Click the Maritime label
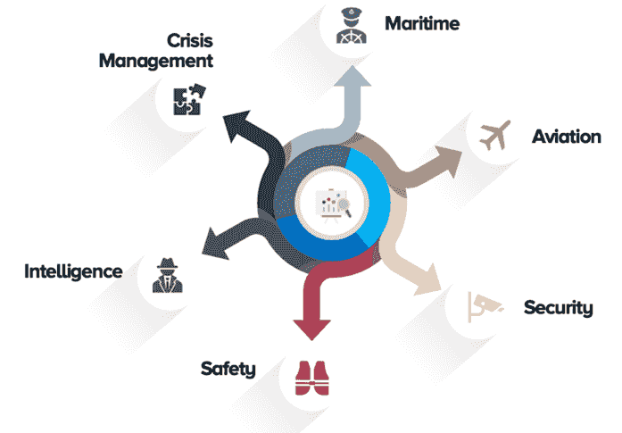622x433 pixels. [422, 22]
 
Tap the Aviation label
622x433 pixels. [566, 137]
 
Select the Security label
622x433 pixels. [558, 308]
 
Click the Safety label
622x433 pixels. [228, 368]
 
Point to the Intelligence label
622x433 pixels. [73, 270]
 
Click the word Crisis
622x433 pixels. [189, 41]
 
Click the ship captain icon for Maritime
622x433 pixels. [349, 25]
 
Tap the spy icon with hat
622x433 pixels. [165, 274]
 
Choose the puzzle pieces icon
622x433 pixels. [188, 100]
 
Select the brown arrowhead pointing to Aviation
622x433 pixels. [450, 160]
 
